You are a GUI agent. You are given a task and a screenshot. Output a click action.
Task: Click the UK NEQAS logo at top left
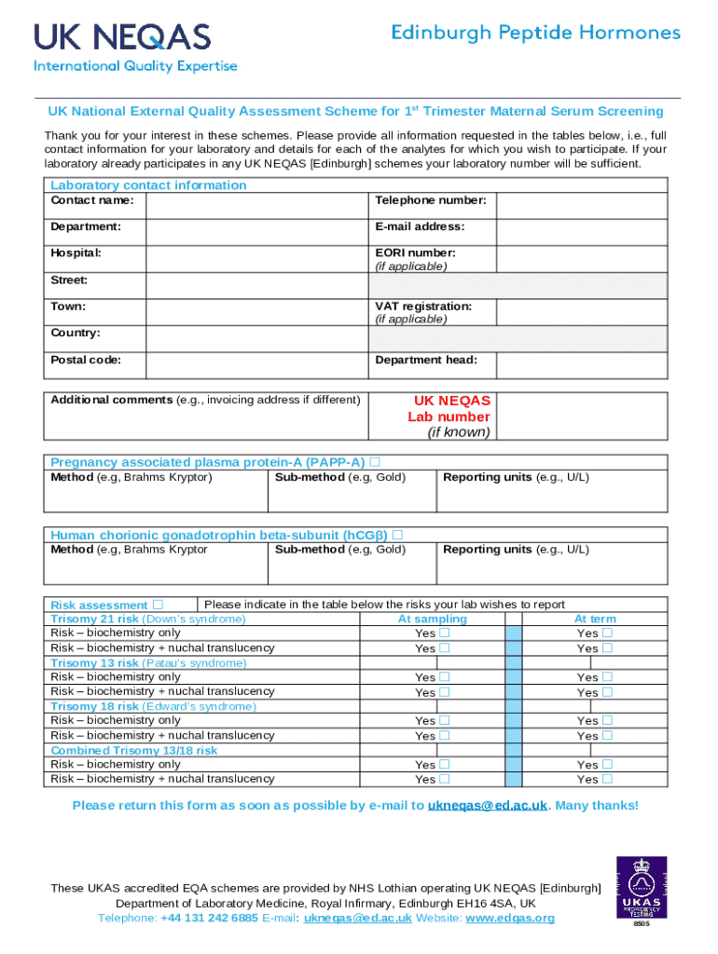[x=135, y=47]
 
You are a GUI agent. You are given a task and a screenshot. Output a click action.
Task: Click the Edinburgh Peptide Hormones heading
[x=535, y=34]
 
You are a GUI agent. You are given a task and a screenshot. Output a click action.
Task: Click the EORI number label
[x=415, y=252]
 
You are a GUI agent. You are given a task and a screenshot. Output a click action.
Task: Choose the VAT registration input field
[x=581, y=312]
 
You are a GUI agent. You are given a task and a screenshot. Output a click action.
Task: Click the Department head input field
[x=581, y=365]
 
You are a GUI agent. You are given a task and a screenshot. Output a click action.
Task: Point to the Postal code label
[x=85, y=360]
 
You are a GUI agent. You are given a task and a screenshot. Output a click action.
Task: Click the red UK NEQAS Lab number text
[x=451, y=409]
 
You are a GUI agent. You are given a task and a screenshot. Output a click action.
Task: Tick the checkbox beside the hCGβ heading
[x=397, y=535]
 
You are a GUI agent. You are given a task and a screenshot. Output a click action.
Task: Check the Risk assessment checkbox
[x=158, y=605]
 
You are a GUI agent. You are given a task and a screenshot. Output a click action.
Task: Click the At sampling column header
[x=432, y=619]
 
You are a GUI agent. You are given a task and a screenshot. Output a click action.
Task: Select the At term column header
[x=594, y=619]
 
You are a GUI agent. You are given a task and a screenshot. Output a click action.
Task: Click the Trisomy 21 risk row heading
[x=147, y=619]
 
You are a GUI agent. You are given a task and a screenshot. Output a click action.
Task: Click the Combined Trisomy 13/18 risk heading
[x=133, y=750]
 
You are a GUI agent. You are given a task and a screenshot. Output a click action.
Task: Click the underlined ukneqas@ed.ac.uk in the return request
[x=487, y=806]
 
